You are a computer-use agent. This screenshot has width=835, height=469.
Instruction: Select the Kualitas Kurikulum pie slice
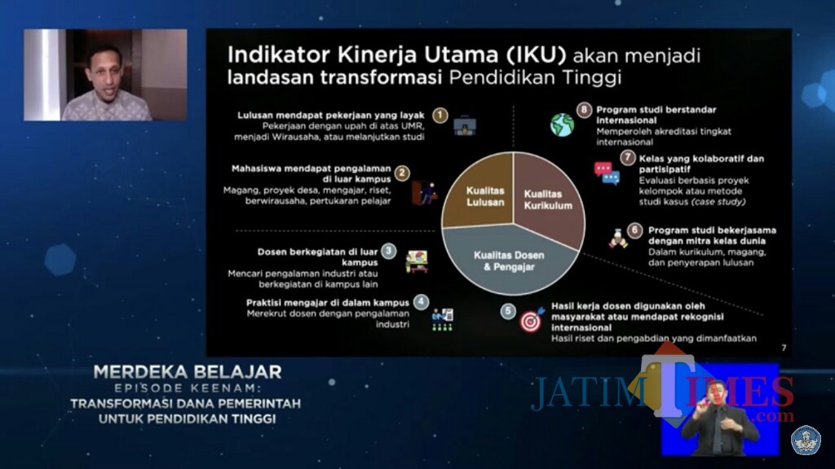pos(549,199)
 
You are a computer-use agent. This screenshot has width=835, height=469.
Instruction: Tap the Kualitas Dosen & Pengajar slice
pos(510,259)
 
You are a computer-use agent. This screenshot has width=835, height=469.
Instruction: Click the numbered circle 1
pos(440,116)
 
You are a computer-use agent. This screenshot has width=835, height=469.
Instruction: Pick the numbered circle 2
pos(402,173)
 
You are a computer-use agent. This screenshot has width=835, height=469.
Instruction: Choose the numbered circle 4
pos(421,301)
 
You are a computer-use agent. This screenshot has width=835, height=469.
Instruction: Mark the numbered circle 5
pos(507,310)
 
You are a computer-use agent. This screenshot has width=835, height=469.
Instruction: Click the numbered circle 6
pos(635,231)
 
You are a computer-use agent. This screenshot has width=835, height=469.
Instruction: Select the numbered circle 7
pos(627,158)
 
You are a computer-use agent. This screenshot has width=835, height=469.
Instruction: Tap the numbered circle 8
pos(583,109)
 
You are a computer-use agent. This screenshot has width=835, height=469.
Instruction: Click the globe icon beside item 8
pos(562,125)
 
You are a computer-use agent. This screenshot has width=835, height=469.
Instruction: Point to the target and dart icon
pos(531,321)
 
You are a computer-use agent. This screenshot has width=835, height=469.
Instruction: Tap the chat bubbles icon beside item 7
pos(606,173)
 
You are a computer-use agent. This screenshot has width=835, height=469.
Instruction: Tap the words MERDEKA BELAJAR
pos(188,372)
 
